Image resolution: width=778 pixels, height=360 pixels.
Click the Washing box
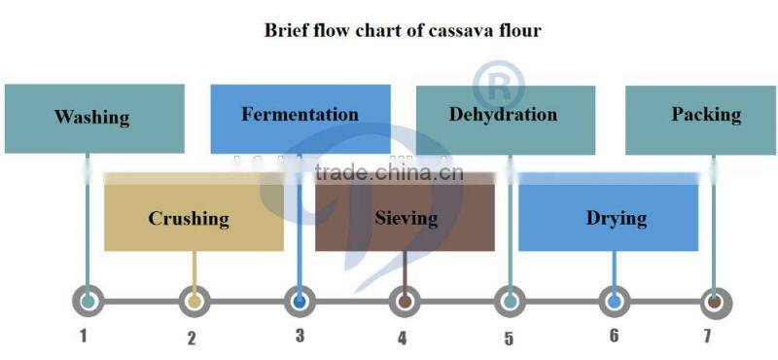(93, 119)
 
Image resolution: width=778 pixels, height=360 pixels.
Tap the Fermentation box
(300, 116)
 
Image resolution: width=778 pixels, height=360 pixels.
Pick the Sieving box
(406, 218)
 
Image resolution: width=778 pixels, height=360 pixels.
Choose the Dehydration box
(505, 116)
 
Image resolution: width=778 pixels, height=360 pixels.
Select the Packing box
(704, 116)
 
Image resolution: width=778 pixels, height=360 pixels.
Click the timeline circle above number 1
(88, 302)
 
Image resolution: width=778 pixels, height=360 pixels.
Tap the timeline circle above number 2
(194, 302)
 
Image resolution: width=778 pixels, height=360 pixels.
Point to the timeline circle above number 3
(300, 302)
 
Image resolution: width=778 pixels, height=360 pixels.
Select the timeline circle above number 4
(405, 302)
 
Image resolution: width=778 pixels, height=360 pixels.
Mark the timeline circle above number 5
(510, 302)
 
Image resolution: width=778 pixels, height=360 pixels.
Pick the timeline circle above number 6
(614, 302)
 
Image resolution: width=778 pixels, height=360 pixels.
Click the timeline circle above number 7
(715, 302)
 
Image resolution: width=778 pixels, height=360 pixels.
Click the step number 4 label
(403, 339)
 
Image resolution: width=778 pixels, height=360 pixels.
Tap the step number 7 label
(707, 337)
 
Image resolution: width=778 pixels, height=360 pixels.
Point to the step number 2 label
(192, 339)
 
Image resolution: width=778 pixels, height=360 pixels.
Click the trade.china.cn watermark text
(389, 174)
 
